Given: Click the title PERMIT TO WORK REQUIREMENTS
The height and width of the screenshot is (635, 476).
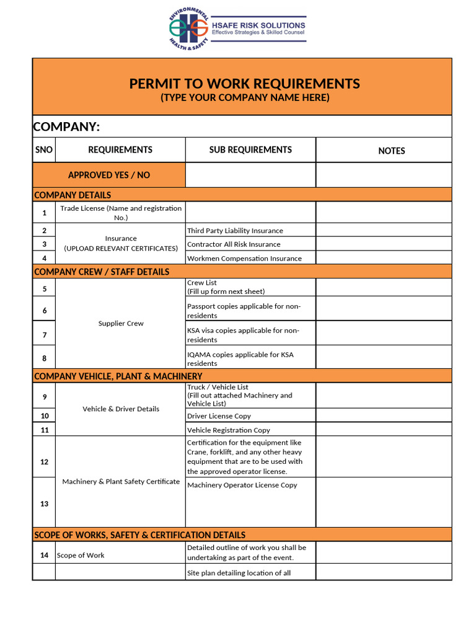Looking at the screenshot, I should click(244, 84).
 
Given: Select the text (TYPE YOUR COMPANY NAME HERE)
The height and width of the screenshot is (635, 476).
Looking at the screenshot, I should click(244, 98).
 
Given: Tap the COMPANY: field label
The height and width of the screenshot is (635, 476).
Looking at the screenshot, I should click(66, 127).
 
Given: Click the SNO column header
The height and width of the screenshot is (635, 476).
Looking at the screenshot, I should click(44, 150).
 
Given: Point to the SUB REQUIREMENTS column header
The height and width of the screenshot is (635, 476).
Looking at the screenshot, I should click(250, 150).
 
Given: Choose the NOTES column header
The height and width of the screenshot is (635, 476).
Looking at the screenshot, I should click(391, 151).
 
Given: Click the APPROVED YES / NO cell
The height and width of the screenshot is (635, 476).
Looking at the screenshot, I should click(109, 175).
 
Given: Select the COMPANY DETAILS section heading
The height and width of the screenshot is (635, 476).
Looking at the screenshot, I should click(73, 195).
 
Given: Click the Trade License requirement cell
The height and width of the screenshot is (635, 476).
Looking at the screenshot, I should click(121, 213).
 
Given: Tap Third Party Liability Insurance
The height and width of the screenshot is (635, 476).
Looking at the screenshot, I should click(235, 231).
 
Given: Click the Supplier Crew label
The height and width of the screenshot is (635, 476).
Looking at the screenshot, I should click(121, 324).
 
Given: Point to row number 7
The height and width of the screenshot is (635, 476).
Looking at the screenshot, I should click(44, 335).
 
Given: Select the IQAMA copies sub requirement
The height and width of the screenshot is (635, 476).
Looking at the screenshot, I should click(240, 359).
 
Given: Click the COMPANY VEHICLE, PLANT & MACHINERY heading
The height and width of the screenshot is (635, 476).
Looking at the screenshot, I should click(118, 376).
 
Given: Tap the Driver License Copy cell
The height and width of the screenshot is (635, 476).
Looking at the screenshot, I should click(219, 416).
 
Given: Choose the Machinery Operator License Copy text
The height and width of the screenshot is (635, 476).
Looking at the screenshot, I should click(242, 485).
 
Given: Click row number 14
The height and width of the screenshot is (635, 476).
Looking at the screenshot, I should click(44, 555).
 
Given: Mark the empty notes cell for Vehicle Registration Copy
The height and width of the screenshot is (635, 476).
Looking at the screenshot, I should click(384, 430).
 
